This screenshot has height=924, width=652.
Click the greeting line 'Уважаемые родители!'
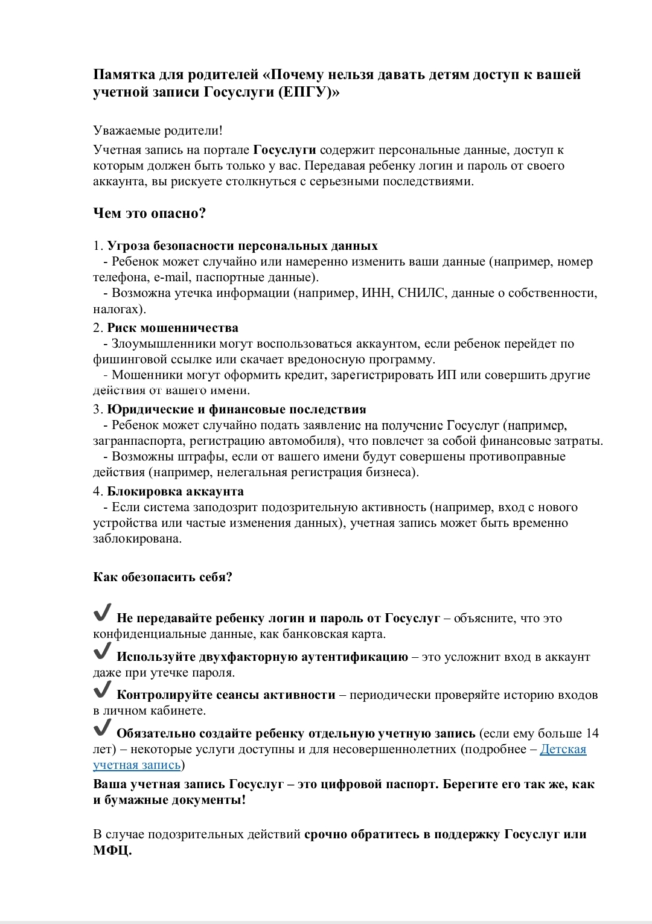[158, 130]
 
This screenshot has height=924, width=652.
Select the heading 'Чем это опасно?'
[150, 213]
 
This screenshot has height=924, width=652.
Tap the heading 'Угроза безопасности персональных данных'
[242, 246]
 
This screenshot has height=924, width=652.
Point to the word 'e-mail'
[172, 278]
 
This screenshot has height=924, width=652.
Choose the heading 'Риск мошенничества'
[173, 328]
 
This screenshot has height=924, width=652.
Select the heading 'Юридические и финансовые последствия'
[237, 410]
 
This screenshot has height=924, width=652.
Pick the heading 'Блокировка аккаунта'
[176, 491]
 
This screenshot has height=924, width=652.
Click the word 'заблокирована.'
[137, 539]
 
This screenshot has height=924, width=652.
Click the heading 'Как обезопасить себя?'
[162, 577]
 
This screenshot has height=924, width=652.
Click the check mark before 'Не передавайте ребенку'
[102, 614]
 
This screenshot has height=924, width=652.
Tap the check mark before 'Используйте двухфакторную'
[102, 652]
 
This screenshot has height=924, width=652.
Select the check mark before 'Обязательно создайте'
[102, 729]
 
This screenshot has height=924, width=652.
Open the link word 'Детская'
[563, 750]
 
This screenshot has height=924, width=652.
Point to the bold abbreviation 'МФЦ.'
[112, 850]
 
